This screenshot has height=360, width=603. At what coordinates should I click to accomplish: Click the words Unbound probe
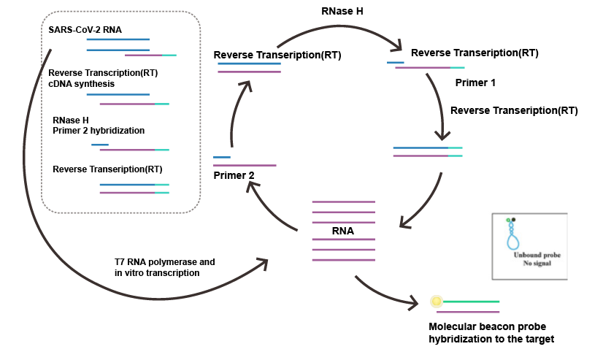click(x=537, y=255)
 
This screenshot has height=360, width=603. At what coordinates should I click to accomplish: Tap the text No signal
click(x=537, y=263)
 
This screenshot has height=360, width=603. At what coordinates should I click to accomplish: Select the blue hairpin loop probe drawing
click(x=512, y=237)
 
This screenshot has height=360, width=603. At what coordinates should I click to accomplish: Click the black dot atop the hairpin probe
click(x=513, y=220)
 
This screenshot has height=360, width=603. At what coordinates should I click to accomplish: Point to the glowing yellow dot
click(x=437, y=302)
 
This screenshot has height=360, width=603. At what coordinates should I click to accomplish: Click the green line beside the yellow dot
click(x=471, y=302)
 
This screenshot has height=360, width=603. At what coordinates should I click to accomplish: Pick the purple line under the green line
click(x=468, y=313)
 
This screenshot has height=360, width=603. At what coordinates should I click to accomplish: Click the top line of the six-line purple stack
click(x=343, y=202)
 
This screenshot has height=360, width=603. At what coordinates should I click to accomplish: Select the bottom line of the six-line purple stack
click(x=343, y=260)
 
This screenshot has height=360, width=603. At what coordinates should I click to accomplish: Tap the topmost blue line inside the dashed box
click(x=118, y=39)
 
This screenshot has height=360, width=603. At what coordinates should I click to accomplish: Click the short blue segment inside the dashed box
click(x=100, y=145)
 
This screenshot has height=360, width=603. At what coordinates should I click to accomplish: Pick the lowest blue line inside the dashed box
click(x=127, y=185)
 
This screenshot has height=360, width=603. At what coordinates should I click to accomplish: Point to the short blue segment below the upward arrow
click(x=222, y=157)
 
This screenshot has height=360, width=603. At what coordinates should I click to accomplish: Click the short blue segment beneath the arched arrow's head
click(x=396, y=62)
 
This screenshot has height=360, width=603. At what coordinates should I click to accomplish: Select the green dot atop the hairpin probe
click(x=508, y=220)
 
